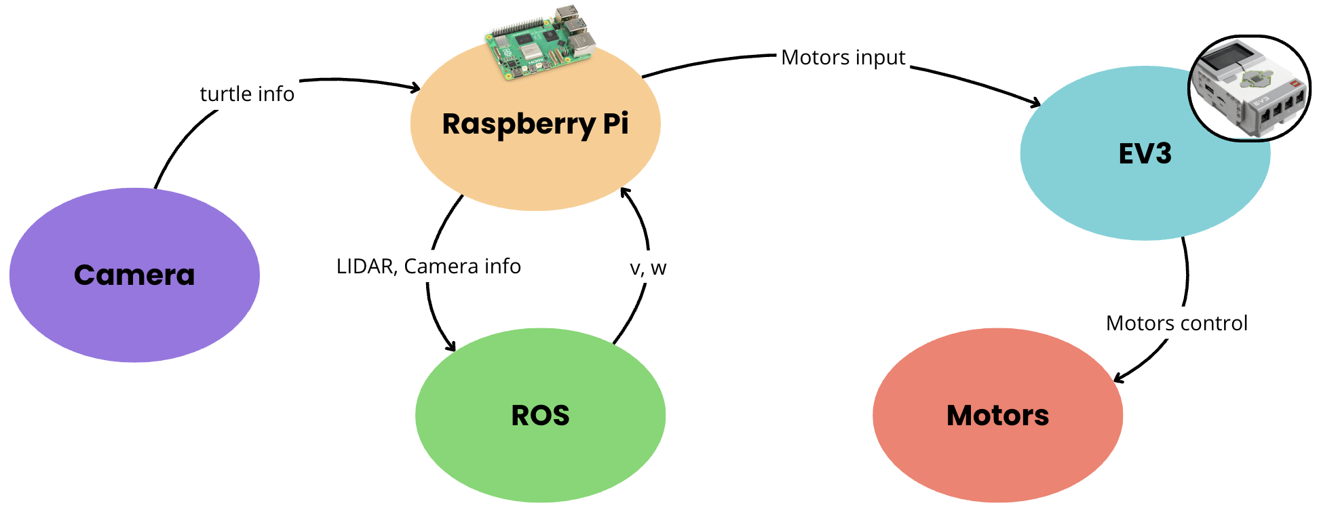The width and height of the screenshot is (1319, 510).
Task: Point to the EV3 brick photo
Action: pyautogui.click(x=1250, y=88)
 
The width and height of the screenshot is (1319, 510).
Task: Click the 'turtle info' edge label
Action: pyautogui.click(x=247, y=94)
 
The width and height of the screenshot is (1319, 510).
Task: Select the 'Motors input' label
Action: pyautogui.click(x=843, y=58)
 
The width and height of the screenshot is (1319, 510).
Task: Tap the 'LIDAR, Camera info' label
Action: pyautogui.click(x=428, y=267)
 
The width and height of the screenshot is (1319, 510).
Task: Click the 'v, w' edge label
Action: pyautogui.click(x=648, y=269)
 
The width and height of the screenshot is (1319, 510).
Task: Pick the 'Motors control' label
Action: pyautogui.click(x=1177, y=323)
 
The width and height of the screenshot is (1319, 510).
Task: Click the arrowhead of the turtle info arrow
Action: pyautogui.click(x=415, y=87)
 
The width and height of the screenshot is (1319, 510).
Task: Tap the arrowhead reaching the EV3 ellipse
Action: pyautogui.click(x=1036, y=104)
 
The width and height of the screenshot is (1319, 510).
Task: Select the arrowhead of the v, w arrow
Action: pyautogui.click(x=625, y=192)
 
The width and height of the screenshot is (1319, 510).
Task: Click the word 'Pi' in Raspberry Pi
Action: pyautogui.click(x=615, y=124)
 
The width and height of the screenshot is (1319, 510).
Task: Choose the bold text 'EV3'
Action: pyautogui.click(x=1145, y=154)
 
